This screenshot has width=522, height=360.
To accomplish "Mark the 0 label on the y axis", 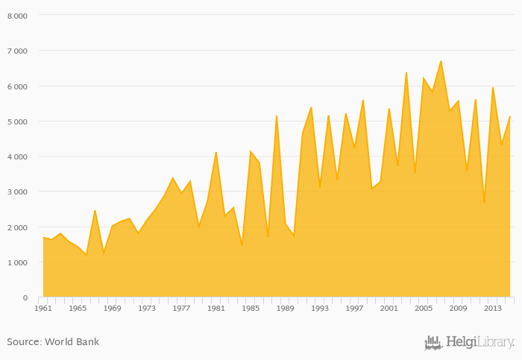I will [x=25, y=297].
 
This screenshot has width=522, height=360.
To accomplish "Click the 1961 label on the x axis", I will [x=43, y=308].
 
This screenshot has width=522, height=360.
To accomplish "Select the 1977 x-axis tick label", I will [x=181, y=308].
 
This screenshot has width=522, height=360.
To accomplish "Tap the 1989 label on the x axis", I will [x=285, y=308].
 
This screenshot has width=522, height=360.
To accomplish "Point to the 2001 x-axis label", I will [x=389, y=308].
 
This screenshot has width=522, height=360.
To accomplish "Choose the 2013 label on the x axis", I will [x=492, y=308].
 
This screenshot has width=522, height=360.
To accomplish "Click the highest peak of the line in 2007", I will [x=441, y=61].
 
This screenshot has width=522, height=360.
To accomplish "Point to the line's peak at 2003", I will [x=406, y=72].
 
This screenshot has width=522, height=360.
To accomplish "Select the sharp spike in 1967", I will [x=95, y=210].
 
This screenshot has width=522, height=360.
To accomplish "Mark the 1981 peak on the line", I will [x=216, y=153].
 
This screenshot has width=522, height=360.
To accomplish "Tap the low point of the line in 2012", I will [x=484, y=203].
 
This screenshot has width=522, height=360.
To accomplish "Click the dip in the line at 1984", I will [x=242, y=245].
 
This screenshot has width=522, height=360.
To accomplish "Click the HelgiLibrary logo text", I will [x=479, y=342].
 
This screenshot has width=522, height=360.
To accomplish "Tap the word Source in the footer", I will [x=22, y=342].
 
